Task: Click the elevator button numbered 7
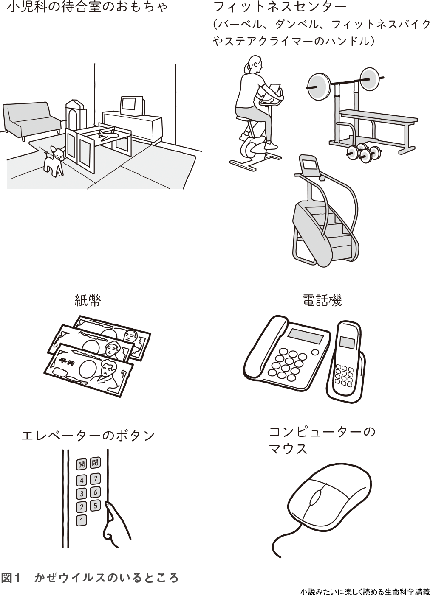point(96,479)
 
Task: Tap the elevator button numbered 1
point(82,520)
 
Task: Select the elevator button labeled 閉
point(95,463)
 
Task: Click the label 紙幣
point(88,301)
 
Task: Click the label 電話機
point(322,301)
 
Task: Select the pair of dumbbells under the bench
point(364,152)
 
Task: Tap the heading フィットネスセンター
point(280,7)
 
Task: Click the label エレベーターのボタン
point(88,436)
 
